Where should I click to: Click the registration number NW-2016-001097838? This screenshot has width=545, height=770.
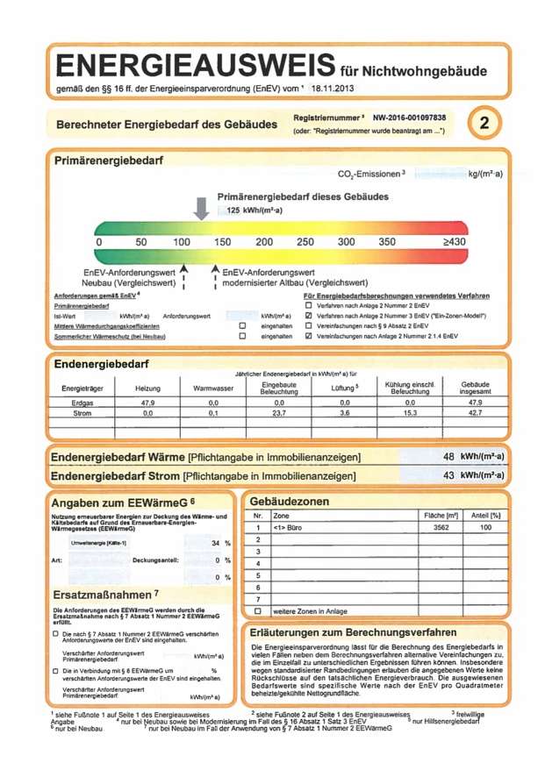409,117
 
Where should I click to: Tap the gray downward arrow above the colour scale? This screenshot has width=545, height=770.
202,207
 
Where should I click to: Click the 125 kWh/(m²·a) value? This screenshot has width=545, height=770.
253,211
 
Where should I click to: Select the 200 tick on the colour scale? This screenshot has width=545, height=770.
264,241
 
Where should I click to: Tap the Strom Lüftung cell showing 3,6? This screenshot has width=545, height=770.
345,411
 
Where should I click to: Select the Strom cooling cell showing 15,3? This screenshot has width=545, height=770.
409,411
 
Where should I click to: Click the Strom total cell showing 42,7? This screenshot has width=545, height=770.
475,411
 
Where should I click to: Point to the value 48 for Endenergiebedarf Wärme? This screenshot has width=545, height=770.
448,457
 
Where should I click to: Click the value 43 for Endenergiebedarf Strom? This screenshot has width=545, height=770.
448,475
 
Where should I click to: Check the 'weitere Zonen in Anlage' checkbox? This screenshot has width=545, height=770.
258,610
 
